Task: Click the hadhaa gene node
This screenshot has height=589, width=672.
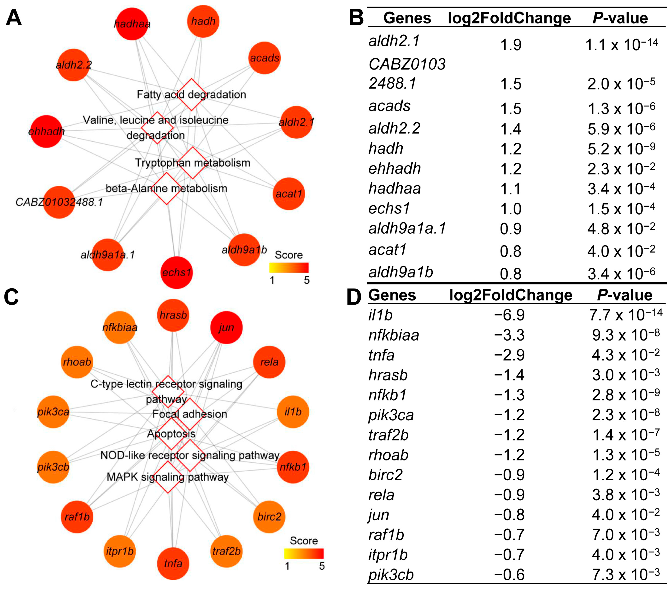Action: tap(132, 24)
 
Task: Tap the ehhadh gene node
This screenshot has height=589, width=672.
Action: tap(46, 131)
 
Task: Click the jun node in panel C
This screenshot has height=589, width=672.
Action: tap(226, 327)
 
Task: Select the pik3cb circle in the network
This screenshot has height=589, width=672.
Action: tap(53, 467)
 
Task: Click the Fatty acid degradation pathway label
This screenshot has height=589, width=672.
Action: tap(191, 95)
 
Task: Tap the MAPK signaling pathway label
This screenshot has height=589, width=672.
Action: tap(168, 477)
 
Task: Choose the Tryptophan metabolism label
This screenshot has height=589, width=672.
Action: tap(193, 163)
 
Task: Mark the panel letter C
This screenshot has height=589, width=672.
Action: tap(12, 297)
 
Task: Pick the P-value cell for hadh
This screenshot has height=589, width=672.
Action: tap(621, 149)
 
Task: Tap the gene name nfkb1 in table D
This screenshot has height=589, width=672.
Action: tap(388, 395)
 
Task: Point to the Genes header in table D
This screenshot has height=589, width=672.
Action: tap(392, 295)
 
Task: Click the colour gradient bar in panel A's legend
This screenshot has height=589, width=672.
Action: tap(289, 268)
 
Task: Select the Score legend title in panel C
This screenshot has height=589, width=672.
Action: tap(304, 541)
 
